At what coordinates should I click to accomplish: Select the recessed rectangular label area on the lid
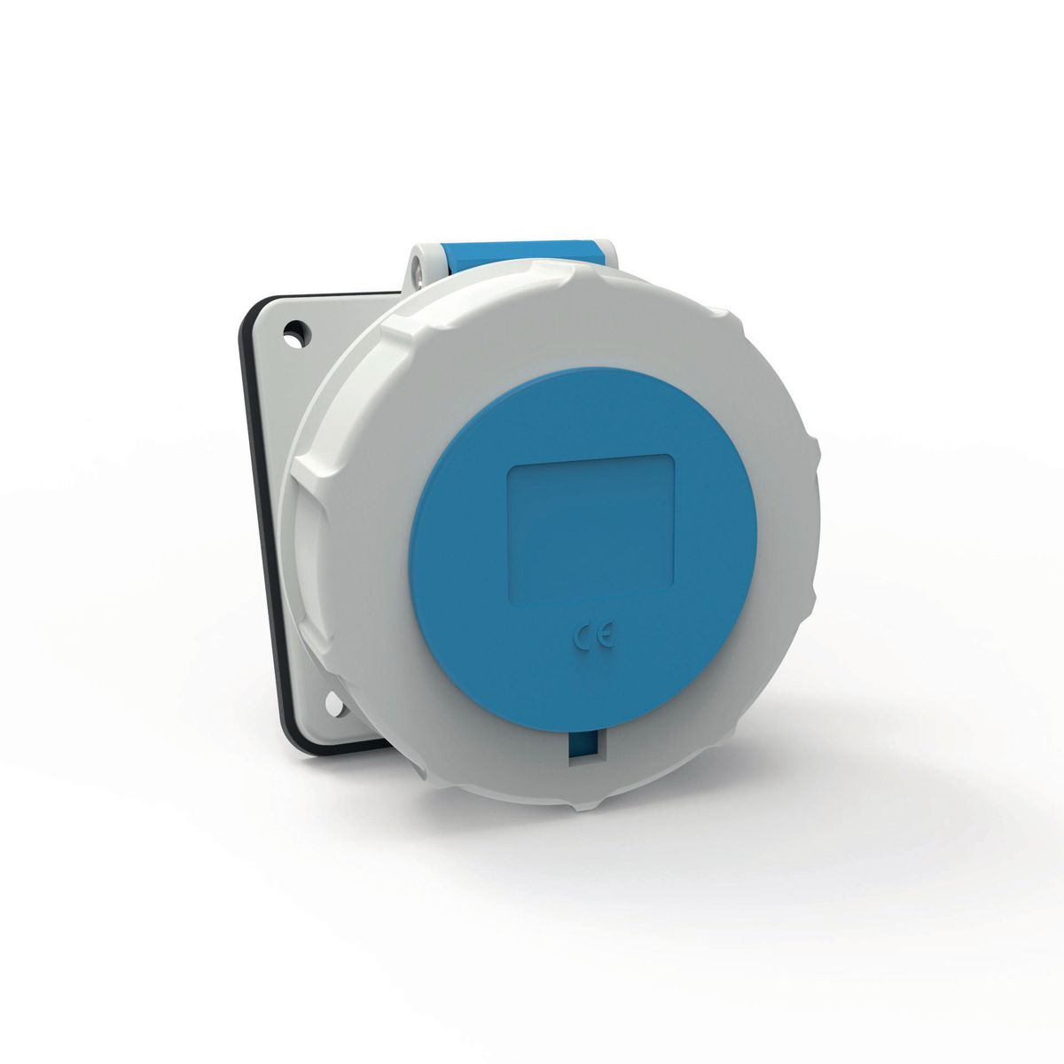tap(590, 524)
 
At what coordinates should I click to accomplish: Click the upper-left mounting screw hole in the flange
tap(290, 336)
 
